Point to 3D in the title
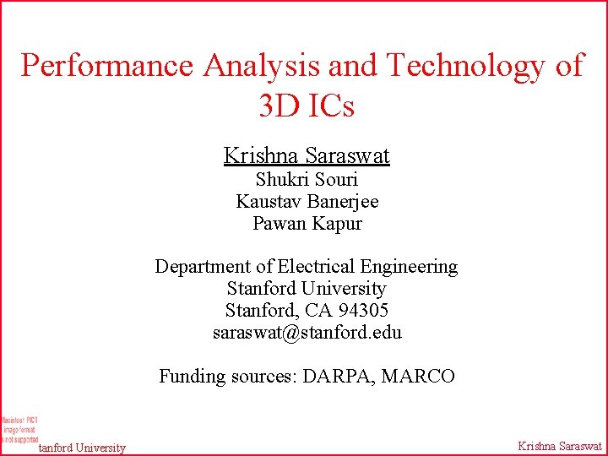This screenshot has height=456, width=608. click(278, 106)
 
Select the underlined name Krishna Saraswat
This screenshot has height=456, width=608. click(307, 155)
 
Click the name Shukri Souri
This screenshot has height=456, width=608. click(307, 179)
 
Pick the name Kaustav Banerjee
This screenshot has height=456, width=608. click(307, 201)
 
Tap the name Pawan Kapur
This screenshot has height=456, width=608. click(307, 224)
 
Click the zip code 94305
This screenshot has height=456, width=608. click(362, 311)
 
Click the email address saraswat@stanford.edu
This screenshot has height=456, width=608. click(307, 333)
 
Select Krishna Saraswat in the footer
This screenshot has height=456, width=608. click(559, 447)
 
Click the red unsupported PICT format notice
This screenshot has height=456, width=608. click(19, 429)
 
